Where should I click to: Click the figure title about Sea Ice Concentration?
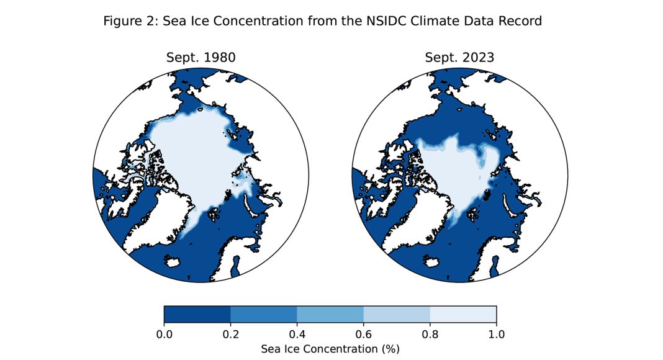pos(322,21)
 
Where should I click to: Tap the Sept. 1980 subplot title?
pos(201,58)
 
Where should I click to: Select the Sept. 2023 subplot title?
pos(459,58)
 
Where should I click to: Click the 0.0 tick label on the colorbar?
pos(165,335)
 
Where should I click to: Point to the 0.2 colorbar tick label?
pos(231,335)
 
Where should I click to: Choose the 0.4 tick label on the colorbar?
pos(297,335)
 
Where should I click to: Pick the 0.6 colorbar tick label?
pos(364,335)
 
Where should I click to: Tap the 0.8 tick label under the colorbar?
pos(430,335)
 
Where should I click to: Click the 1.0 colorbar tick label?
pos(497,335)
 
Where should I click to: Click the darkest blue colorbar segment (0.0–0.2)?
pos(197,315)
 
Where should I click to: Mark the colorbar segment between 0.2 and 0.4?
pos(264,315)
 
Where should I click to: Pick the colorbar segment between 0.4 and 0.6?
pos(330,315)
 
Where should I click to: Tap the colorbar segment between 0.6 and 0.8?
pos(397,315)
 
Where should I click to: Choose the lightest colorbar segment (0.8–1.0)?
pos(463,315)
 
